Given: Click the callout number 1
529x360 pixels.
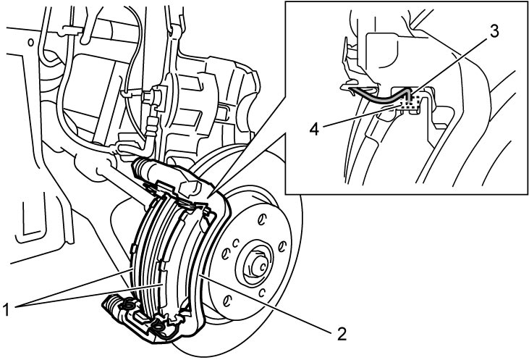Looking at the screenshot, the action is pyautogui.click(x=6, y=310).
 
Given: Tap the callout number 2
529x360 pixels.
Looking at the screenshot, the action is pyautogui.click(x=342, y=334).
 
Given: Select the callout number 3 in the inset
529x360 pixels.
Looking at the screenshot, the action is pyautogui.click(x=494, y=31).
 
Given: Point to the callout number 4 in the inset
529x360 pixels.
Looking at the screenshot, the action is pyautogui.click(x=314, y=129).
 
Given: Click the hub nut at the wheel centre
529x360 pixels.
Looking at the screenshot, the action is pyautogui.click(x=258, y=265).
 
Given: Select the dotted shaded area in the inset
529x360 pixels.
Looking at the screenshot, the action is pyautogui.click(x=410, y=103).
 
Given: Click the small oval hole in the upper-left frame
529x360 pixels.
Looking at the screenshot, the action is pyautogui.click(x=30, y=43).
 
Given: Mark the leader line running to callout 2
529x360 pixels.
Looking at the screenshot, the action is pyautogui.click(x=266, y=304).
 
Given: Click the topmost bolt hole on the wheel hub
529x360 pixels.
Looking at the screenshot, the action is pyautogui.click(x=261, y=220).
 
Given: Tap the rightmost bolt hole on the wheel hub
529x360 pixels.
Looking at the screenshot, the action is pyautogui.click(x=282, y=247).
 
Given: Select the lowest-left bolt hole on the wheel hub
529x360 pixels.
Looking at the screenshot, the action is pyautogui.click(x=227, y=300).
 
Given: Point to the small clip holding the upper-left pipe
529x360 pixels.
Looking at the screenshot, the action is pyautogui.click(x=70, y=31).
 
